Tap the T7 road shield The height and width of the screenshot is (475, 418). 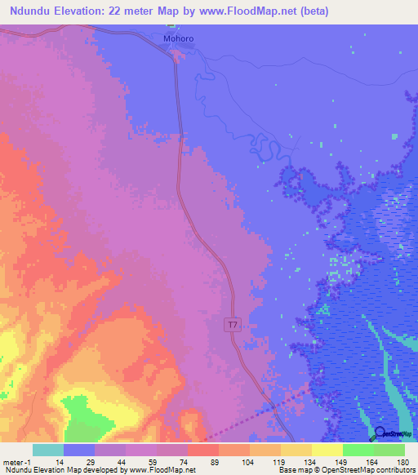coord(233,325)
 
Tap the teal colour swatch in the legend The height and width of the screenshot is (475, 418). coord(48,450)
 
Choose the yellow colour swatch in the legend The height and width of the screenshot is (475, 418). coord(327,450)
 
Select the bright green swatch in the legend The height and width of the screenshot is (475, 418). coord(358,450)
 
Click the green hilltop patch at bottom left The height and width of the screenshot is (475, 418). coord(82,416)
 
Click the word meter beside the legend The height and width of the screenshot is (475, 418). coord(14,461)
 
